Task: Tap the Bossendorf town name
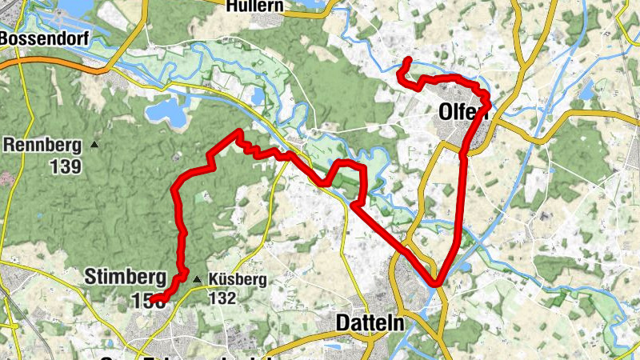pos(38,38)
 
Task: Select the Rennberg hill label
pos(42,146)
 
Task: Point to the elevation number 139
pos(66,166)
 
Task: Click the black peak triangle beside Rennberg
pos(94,145)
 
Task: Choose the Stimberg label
pos(119,278)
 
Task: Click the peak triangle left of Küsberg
pos(197,278)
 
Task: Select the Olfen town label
pos(462,114)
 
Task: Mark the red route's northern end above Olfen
pos(408,60)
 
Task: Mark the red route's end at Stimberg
pos(154,301)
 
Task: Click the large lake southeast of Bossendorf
pos(168,112)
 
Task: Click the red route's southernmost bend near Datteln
pos(436,282)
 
